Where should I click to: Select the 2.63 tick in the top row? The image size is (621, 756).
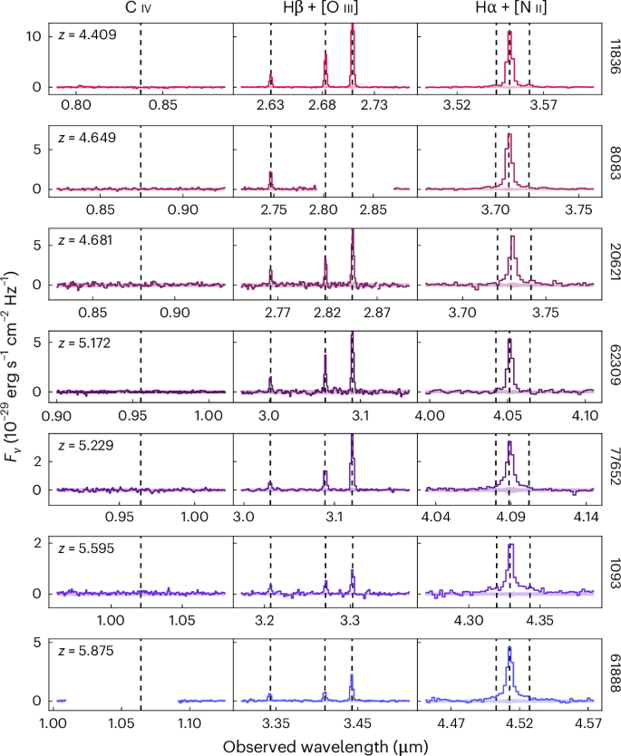click(270, 106)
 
